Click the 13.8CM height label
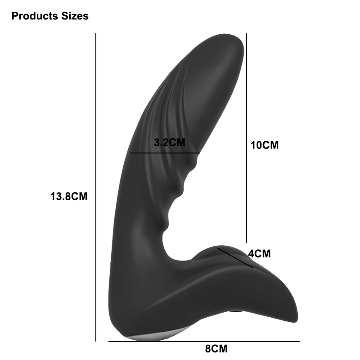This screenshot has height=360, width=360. [x=69, y=197]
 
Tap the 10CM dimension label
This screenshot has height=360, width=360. [x=265, y=145]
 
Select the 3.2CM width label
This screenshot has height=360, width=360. [x=170, y=142]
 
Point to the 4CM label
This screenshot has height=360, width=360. [x=260, y=254]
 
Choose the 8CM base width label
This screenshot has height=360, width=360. [x=216, y=348]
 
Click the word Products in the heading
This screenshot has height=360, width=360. [x=35, y=16]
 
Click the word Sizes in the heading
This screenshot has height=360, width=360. [x=75, y=16]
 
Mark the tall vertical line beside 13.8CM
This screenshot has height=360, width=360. [x=96, y=187]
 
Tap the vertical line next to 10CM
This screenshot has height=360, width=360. [x=247, y=138]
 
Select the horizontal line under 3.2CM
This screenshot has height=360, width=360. [x=165, y=153]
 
